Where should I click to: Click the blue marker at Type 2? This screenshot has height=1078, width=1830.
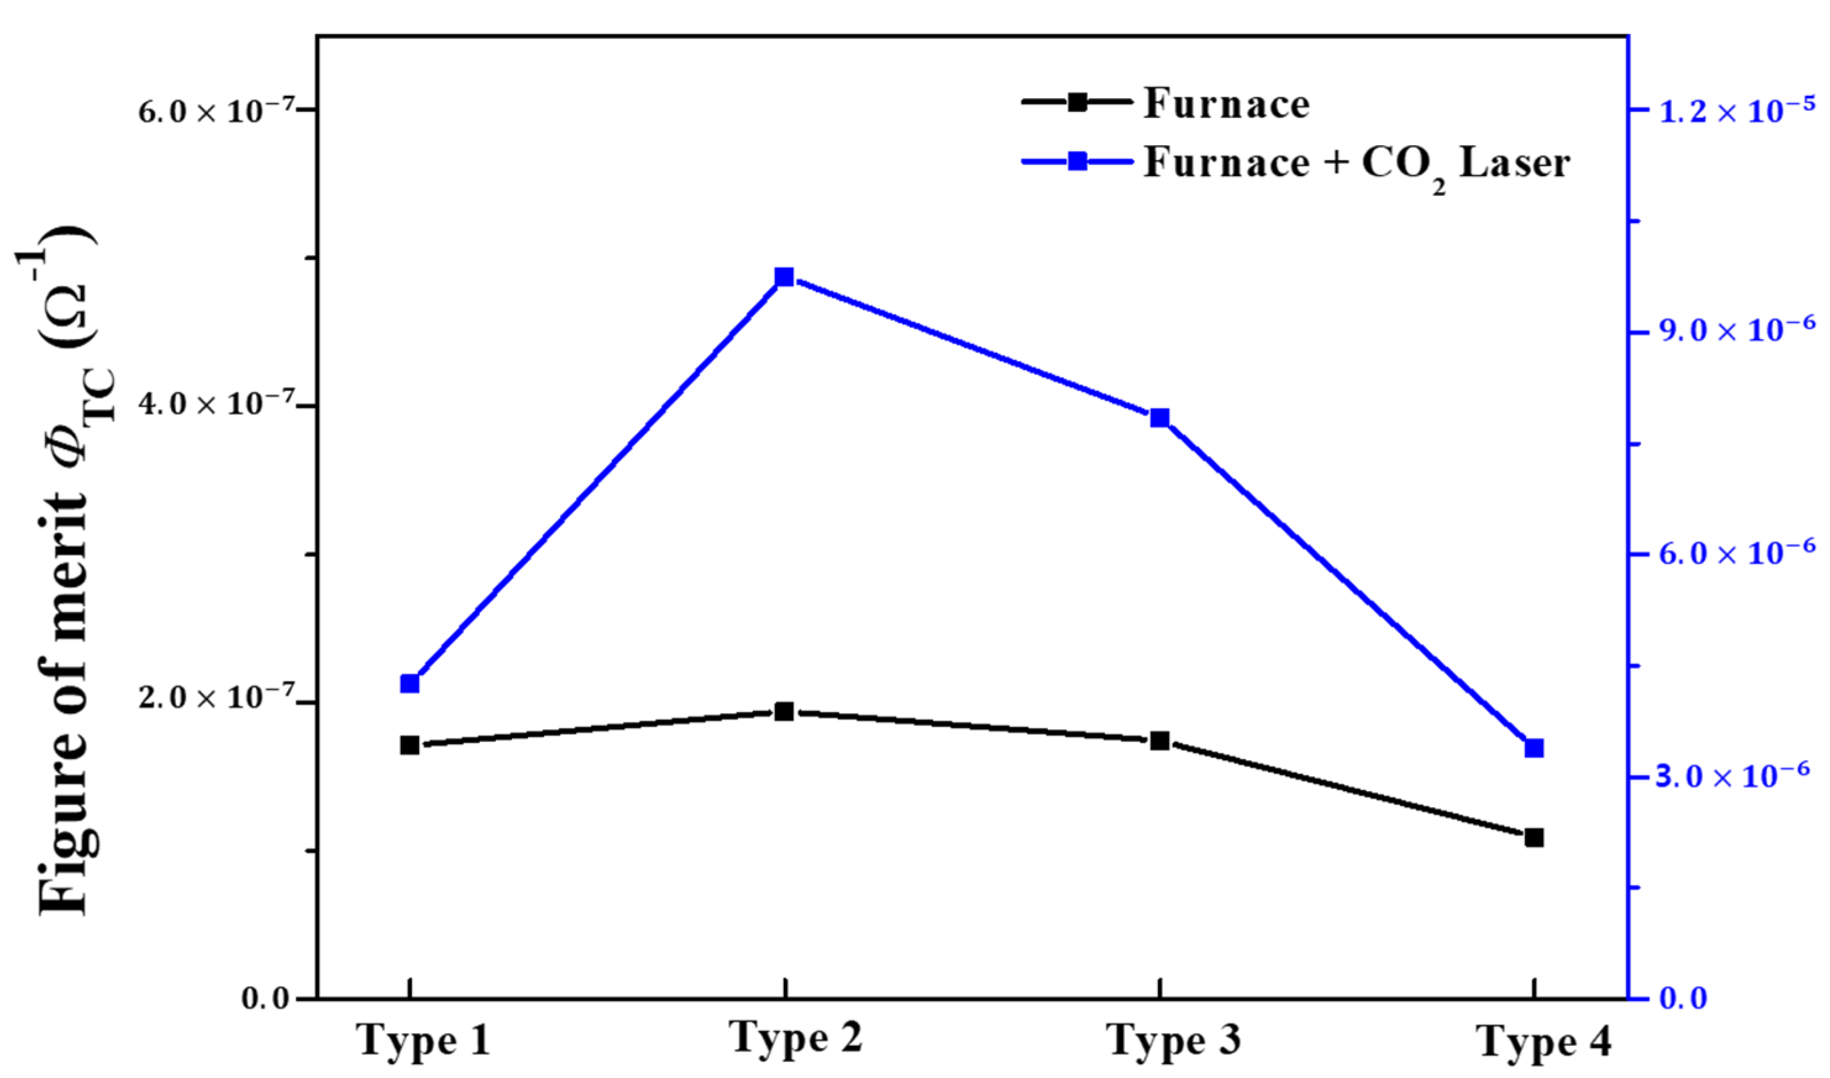(784, 277)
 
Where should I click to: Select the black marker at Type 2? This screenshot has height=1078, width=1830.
(784, 711)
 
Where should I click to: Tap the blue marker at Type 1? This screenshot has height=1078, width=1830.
(409, 683)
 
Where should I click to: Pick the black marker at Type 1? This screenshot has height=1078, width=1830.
(409, 745)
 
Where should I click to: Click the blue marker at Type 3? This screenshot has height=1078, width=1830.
(1159, 418)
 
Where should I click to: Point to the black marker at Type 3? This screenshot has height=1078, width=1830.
(1159, 741)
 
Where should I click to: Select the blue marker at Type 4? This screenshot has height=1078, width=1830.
(1534, 748)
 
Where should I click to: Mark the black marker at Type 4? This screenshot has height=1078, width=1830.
(1534, 838)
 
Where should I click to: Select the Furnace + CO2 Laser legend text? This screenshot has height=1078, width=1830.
(1356, 164)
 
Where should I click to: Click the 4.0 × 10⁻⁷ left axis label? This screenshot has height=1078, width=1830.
(227, 404)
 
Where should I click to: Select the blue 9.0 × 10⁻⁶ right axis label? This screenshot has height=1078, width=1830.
(1735, 329)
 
